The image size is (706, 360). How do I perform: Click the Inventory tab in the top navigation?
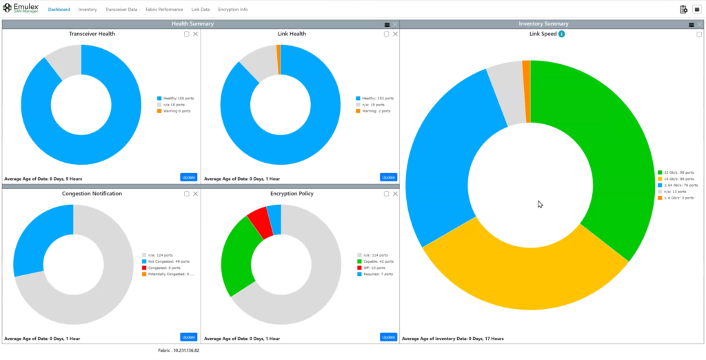click(x=88, y=10)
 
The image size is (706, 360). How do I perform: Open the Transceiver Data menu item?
click(x=121, y=10)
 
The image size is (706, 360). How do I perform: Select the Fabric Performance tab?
click(x=164, y=10)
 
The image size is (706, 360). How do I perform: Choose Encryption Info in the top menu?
click(x=232, y=10)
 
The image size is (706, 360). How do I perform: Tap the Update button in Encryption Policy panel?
click(x=388, y=337)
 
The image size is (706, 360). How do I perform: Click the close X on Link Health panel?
click(x=395, y=34)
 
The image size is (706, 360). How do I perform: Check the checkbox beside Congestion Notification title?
click(x=186, y=194)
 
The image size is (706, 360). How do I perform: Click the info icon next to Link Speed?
click(x=562, y=34)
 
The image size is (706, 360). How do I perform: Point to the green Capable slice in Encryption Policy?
click(x=235, y=255)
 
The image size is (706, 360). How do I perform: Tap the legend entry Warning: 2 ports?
click(x=375, y=110)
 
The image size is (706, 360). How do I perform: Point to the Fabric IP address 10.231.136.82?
click(x=178, y=351)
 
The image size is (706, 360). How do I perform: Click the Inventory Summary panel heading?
click(x=543, y=24)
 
